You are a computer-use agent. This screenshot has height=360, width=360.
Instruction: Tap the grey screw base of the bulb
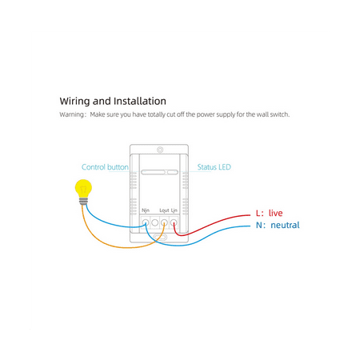point(83,202)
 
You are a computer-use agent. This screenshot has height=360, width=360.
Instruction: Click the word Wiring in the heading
point(74,102)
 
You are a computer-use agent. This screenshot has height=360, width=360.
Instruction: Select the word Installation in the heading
point(140,101)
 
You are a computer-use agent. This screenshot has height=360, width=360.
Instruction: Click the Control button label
point(105,167)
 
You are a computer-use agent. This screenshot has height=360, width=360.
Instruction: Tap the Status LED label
point(214,167)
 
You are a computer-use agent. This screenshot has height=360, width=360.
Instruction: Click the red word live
point(275,213)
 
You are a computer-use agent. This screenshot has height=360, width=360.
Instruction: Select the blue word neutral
point(285,225)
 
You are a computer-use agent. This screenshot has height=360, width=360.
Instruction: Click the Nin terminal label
point(146,210)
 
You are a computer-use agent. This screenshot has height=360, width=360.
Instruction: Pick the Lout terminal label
point(164,210)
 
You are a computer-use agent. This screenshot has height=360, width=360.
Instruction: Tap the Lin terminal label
point(174,210)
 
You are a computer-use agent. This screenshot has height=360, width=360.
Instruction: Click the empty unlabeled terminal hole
point(155,222)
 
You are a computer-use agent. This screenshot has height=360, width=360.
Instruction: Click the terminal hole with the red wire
point(174,222)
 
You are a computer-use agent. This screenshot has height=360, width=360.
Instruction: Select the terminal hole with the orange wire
point(164,222)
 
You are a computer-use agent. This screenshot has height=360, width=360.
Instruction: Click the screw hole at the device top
point(160,150)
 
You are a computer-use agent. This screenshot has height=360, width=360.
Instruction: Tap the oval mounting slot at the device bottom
point(160,237)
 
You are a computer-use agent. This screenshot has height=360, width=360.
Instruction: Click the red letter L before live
point(258,213)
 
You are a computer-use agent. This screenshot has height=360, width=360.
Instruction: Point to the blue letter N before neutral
point(259,225)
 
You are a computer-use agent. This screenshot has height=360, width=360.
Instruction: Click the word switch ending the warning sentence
point(280,114)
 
